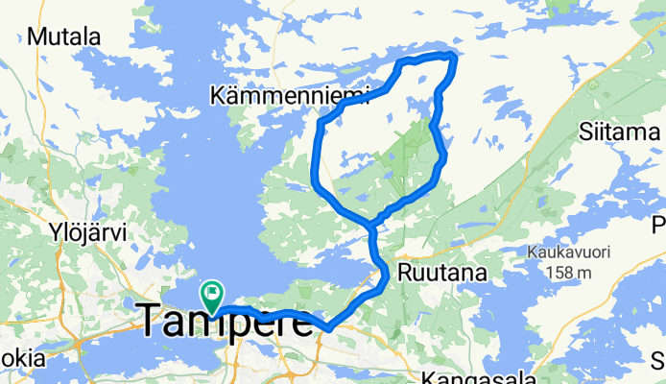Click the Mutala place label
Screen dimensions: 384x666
click(x=65, y=37)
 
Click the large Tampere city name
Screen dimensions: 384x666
click(x=227, y=322)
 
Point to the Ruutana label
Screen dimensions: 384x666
click(x=443, y=272)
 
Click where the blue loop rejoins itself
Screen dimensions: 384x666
click(x=370, y=226)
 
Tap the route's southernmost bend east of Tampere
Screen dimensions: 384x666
click(x=329, y=327)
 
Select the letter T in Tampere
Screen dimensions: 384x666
click(x=155, y=322)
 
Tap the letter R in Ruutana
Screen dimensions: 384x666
click(x=407, y=272)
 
